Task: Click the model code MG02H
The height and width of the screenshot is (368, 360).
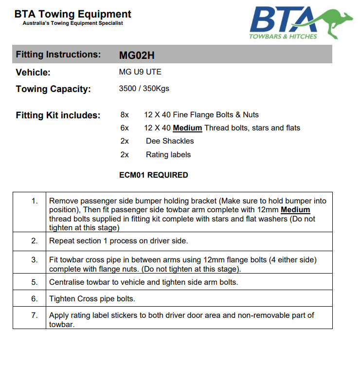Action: [137, 55]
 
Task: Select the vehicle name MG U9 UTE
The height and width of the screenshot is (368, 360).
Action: [140, 72]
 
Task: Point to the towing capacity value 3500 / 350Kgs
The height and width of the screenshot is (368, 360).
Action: [144, 89]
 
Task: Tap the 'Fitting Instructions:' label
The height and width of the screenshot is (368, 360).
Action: [58, 55]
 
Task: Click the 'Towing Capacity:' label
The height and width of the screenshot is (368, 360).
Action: [53, 89]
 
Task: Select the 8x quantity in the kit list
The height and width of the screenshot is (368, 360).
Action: [125, 115]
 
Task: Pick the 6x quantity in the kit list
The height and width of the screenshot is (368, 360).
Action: [125, 128]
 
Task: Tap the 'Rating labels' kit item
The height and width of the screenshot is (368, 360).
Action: [168, 155]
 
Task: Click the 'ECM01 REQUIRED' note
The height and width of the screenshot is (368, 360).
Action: [153, 175]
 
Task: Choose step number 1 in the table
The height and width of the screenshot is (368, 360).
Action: [34, 201]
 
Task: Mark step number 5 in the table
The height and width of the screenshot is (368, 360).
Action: [34, 282]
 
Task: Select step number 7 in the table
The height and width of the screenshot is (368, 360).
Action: [34, 315]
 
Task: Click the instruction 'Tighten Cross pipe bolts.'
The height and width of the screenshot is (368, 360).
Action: [92, 298]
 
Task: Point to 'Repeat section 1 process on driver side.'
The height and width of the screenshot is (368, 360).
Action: [118, 240]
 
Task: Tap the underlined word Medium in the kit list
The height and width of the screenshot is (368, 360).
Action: [187, 128]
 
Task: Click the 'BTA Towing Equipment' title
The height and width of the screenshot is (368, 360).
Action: [73, 14]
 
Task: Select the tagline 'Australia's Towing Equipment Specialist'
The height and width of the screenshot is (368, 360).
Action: [73, 23]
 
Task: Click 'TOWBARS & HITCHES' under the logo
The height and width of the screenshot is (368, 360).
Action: [283, 36]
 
